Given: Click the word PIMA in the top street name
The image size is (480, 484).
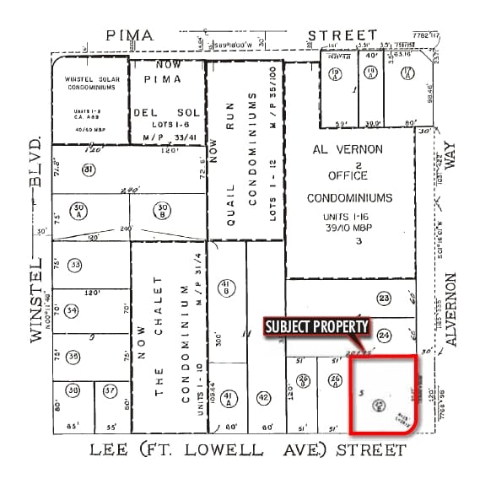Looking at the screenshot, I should click(130, 35).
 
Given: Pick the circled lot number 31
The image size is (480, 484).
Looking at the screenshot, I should click(88, 169).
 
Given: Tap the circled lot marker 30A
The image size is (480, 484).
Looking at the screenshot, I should click(80, 208).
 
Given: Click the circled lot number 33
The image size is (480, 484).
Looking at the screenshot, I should click(75, 266).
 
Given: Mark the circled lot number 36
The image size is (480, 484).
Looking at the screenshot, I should click(73, 391).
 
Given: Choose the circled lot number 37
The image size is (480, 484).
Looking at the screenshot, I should click(110, 391).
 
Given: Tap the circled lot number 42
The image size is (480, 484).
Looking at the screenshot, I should click(263, 398).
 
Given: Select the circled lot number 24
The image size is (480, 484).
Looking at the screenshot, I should click(384, 335).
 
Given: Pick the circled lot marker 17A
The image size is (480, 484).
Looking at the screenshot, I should click(407, 73).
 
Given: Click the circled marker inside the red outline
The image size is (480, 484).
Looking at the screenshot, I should click(379, 403).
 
